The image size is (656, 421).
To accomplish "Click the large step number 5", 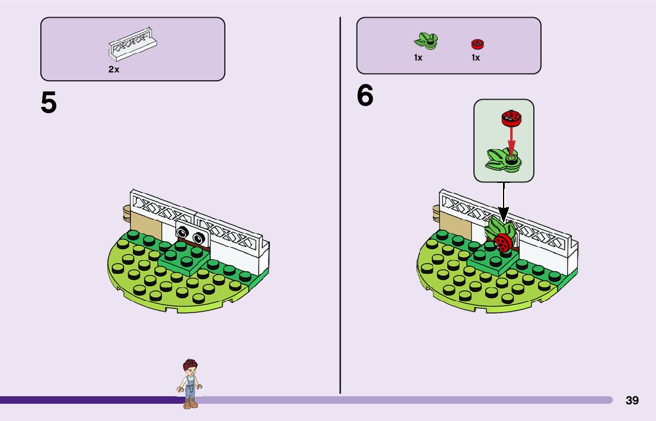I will point(49,103).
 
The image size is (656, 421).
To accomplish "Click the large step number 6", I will point(365,96).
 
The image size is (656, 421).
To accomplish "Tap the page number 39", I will point(632,401).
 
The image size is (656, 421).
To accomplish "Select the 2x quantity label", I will point(113,69).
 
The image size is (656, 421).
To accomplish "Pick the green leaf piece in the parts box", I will point(426,41).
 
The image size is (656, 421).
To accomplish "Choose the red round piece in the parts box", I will point(477,43).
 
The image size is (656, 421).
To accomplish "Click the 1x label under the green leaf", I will point(418,58).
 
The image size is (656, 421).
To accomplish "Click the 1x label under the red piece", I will point(476,58).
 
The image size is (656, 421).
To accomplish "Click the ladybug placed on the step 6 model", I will point(502,243).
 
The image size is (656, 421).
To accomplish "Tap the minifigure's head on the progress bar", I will point(190,366).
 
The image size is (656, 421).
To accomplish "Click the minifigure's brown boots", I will point(190,404).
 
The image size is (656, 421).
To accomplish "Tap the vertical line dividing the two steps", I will point(340,238).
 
